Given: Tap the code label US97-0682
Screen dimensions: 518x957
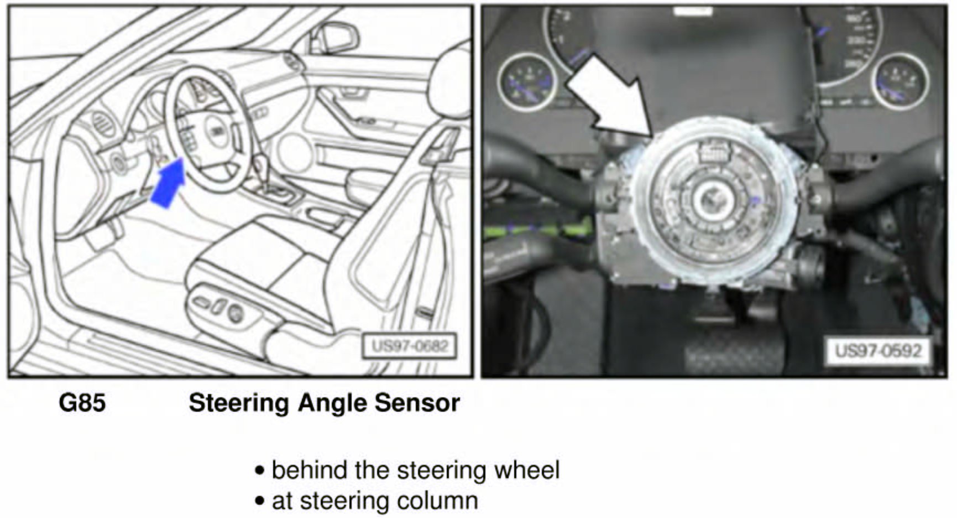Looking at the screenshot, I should point(410,346).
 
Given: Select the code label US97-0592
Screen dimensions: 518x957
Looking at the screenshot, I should point(878,350).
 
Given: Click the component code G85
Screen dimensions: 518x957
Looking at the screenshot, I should point(82,403).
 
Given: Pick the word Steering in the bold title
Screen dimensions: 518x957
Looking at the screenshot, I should point(238,403).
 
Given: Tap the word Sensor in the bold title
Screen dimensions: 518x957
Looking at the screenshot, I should point(417,403).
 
